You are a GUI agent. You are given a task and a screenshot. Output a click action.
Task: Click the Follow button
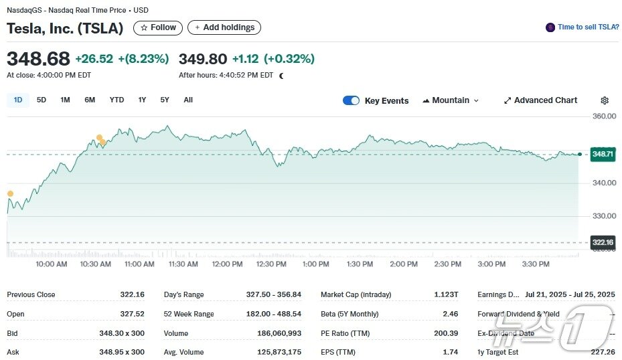(158, 27)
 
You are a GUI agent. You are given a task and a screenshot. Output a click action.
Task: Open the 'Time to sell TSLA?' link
(582, 27)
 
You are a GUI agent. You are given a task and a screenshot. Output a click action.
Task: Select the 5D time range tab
(42, 100)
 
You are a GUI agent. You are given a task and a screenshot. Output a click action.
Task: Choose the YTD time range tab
(116, 100)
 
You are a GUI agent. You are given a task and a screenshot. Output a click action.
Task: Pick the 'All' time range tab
(188, 100)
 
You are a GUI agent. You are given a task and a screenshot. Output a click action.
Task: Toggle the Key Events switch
(351, 100)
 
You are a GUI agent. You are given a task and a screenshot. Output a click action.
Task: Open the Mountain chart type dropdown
(451, 100)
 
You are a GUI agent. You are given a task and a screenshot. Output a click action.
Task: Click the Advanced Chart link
(540, 100)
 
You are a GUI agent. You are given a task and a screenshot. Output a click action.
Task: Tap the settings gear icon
(605, 100)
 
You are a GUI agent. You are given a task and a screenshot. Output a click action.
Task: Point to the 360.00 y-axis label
(604, 116)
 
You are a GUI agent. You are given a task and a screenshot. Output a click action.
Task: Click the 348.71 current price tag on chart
(603, 154)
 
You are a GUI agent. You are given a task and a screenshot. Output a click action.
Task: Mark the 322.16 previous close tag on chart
(603, 242)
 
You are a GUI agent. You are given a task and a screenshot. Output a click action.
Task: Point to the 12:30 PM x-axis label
(271, 264)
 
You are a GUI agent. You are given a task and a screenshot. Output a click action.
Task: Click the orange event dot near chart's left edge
(10, 194)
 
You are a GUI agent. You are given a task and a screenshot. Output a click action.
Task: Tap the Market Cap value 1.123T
(446, 295)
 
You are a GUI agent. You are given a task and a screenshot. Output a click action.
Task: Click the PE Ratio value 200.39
(446, 333)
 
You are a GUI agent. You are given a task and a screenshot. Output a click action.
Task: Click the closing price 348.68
(38, 59)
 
